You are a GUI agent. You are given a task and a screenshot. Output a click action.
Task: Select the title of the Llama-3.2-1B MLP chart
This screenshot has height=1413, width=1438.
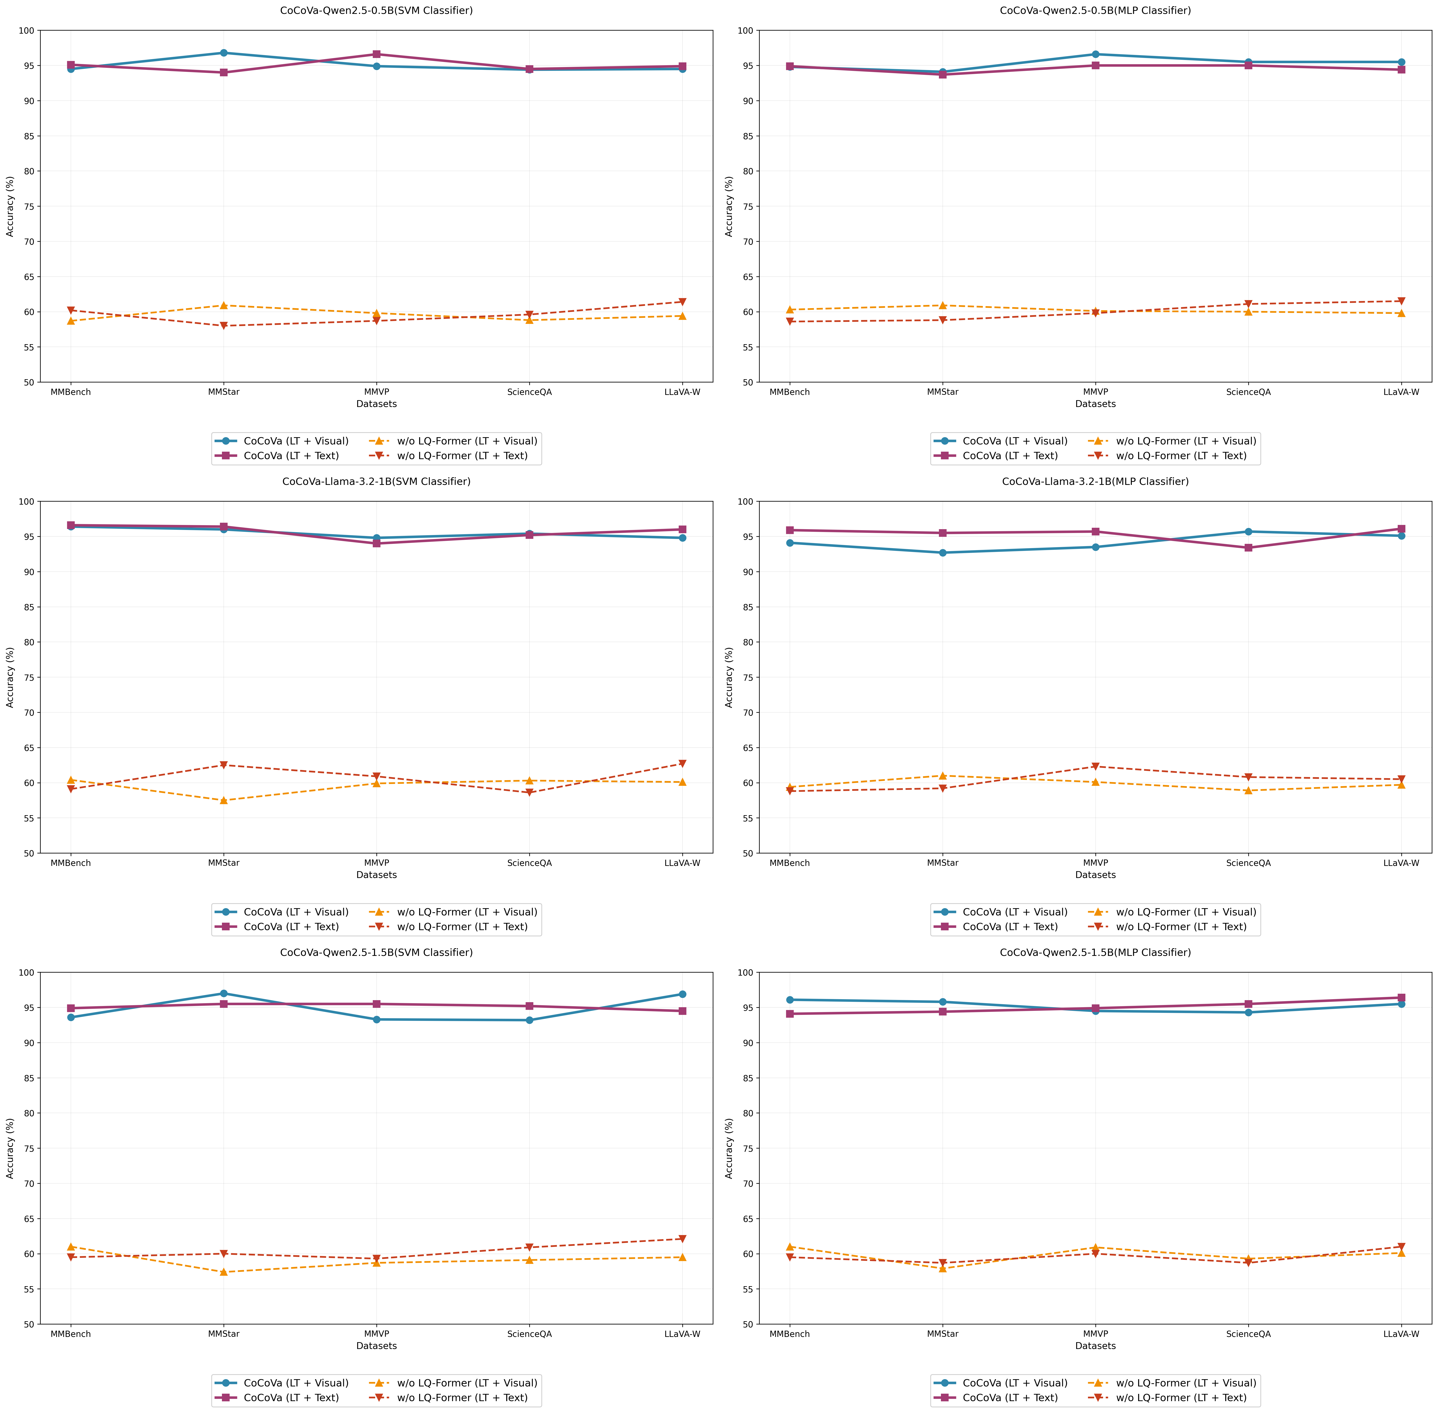click(x=1095, y=482)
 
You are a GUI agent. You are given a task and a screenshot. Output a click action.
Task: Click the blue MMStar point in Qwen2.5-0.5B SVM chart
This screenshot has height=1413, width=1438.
click(x=224, y=53)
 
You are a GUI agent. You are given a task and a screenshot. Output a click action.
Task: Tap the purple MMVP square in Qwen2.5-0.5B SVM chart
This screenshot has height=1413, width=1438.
click(x=376, y=54)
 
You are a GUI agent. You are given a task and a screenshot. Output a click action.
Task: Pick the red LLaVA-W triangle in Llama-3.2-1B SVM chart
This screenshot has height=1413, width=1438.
click(x=682, y=764)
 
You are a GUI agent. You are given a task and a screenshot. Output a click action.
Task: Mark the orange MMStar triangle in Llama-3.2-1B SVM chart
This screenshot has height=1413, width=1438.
click(x=224, y=800)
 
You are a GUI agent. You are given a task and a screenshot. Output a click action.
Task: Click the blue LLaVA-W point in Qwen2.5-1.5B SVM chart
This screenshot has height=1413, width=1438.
click(x=682, y=994)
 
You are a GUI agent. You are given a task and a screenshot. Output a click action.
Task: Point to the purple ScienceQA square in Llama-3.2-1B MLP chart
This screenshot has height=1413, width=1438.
click(x=1248, y=548)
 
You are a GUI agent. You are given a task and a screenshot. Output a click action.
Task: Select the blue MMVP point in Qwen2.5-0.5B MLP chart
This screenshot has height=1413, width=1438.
click(x=1095, y=54)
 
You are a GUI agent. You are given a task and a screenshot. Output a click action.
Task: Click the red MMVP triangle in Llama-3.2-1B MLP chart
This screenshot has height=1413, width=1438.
click(x=1095, y=767)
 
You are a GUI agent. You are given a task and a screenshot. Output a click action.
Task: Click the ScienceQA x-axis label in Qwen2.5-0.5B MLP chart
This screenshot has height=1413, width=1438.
click(x=1248, y=392)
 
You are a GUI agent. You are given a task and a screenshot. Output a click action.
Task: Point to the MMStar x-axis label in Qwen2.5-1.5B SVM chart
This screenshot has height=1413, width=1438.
click(x=224, y=1333)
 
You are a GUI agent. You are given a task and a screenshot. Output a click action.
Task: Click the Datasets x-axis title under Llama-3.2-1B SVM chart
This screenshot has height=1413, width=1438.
click(x=376, y=875)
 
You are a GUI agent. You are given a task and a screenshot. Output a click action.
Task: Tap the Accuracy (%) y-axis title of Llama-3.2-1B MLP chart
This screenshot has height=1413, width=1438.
click(x=729, y=677)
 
